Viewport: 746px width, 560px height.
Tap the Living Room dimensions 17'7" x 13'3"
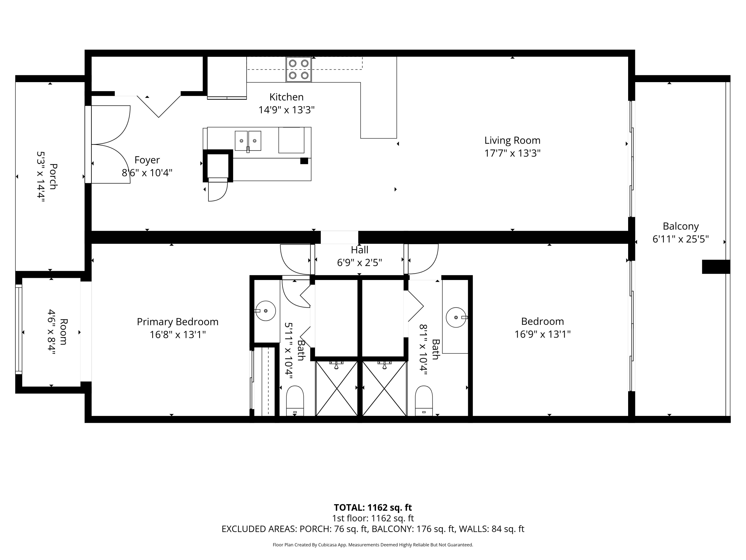512,153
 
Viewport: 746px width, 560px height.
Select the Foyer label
147,160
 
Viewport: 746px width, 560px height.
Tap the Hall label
360,250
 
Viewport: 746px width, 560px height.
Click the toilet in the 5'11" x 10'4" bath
295,401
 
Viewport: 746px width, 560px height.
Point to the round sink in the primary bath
265,311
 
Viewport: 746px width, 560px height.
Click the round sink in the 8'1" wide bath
456,317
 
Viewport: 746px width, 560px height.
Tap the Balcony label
681,226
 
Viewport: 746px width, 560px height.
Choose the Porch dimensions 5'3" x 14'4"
41,176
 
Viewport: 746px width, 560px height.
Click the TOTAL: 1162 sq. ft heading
373,507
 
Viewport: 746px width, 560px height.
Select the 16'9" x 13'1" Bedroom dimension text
542,334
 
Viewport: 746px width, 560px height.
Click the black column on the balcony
716,267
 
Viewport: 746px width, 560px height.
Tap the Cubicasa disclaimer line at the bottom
373,545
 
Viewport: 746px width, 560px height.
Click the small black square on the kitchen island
304,161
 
